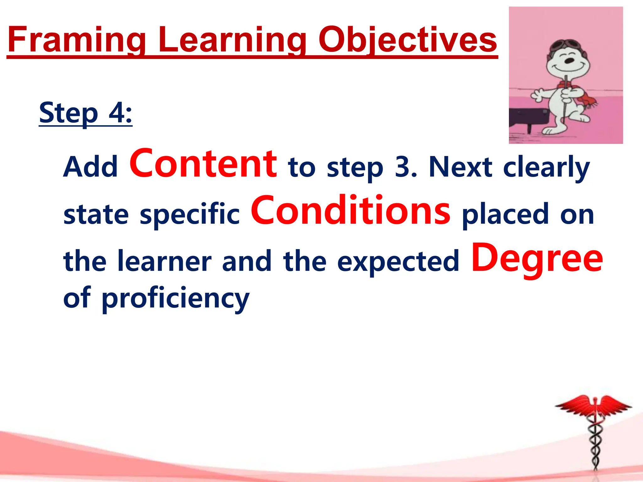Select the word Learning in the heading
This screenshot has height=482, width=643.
click(x=232, y=40)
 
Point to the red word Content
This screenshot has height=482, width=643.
click(x=203, y=163)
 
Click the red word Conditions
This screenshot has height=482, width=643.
click(x=350, y=211)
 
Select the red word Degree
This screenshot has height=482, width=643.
click(x=537, y=258)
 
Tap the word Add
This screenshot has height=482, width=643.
click(x=90, y=167)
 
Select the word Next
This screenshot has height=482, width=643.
click(x=460, y=167)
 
